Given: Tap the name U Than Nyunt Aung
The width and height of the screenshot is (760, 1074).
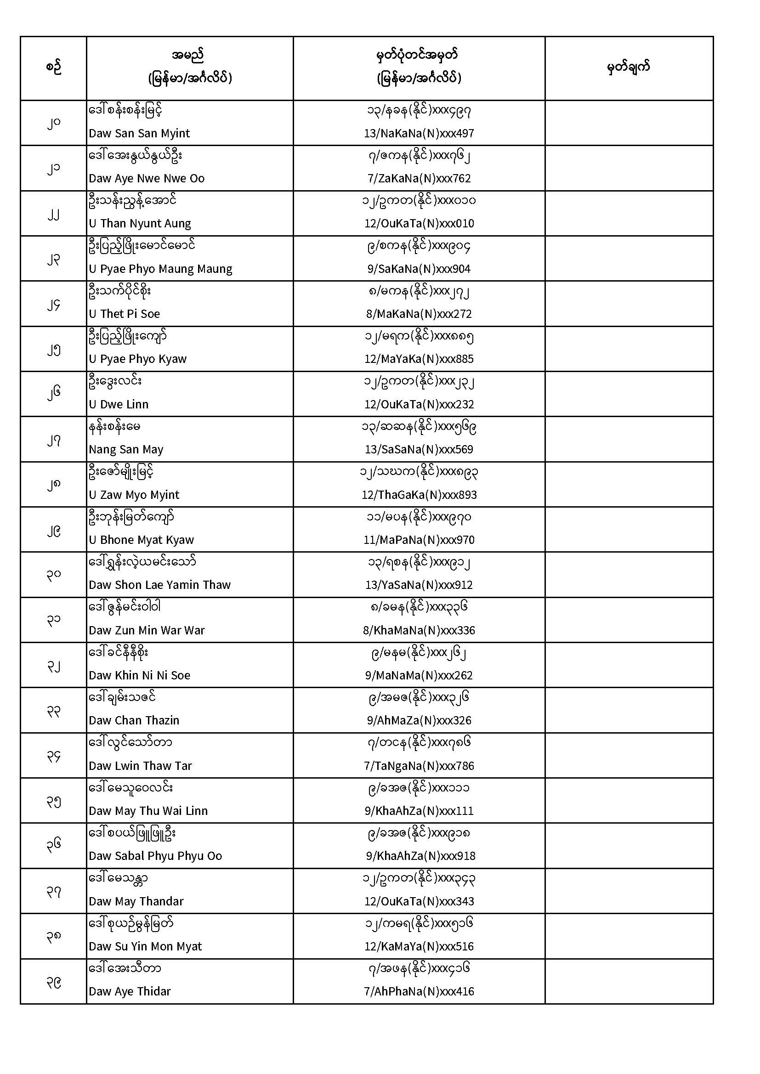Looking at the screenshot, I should pyautogui.click(x=140, y=224).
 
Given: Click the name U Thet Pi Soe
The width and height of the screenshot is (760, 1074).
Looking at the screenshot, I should pyautogui.click(x=124, y=314).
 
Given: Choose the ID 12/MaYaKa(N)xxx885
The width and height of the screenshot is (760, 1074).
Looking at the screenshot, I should pyautogui.click(x=419, y=359).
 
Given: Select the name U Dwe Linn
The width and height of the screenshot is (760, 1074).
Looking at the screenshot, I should pyautogui.click(x=119, y=404).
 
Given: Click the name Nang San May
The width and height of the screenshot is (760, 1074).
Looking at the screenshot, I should pyautogui.click(x=126, y=450).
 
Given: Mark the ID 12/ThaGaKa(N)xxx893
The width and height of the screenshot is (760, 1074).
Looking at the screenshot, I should pyautogui.click(x=419, y=495).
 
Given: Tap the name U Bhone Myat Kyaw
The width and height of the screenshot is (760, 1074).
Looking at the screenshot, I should pyautogui.click(x=141, y=540).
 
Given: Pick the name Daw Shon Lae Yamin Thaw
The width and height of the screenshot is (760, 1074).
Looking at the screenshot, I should pyautogui.click(x=159, y=585).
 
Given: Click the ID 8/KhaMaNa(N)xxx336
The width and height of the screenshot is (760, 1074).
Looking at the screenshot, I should pyautogui.click(x=419, y=630).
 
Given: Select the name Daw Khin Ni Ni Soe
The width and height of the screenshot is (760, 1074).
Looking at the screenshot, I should pyautogui.click(x=140, y=675).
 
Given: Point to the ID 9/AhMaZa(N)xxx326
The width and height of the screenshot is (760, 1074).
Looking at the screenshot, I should pyautogui.click(x=419, y=720).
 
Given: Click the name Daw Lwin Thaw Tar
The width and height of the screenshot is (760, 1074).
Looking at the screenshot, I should pyautogui.click(x=140, y=766).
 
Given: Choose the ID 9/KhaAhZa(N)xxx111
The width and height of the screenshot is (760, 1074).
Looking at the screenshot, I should pyautogui.click(x=419, y=811).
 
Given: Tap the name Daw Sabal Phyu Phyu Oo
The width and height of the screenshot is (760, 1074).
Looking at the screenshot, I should pyautogui.click(x=155, y=856).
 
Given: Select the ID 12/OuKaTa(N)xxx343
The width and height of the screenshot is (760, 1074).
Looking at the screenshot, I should pyautogui.click(x=419, y=901).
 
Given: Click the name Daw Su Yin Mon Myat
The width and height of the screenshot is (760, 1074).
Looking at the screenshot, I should pyautogui.click(x=145, y=946).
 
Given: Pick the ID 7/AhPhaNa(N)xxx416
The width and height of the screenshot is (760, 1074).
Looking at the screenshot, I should pyautogui.click(x=419, y=992).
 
